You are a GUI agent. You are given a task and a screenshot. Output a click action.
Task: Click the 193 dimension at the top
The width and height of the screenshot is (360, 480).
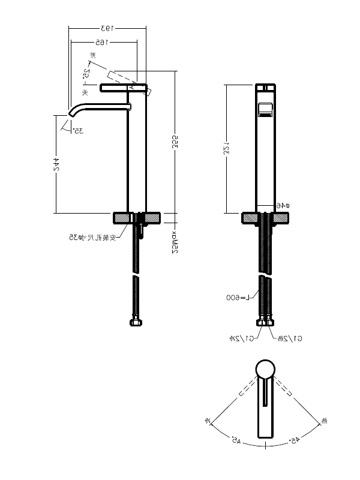[x=107, y=28]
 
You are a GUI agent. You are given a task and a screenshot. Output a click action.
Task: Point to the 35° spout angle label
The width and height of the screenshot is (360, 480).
[x=77, y=130]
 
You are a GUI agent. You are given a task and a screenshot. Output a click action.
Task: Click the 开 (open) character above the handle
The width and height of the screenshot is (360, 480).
[x=92, y=56]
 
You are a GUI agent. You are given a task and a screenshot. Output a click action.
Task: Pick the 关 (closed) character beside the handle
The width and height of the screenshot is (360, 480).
[x=85, y=92]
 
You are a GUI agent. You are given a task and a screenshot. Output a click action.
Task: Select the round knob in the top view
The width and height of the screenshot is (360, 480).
[x=265, y=368]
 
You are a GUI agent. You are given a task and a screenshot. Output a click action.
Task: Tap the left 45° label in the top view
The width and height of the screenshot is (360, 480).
[x=235, y=441]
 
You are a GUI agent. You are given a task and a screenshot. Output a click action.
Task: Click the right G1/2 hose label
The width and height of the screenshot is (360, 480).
[x=289, y=339]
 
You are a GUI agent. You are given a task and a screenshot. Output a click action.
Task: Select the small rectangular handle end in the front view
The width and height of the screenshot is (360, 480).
[x=264, y=110]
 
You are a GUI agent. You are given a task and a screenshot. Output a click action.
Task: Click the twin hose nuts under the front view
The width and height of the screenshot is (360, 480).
[x=265, y=323]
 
